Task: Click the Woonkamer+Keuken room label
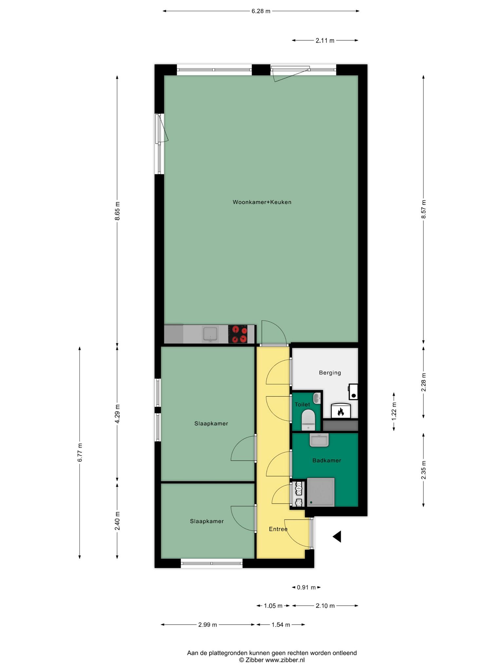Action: pos(262,202)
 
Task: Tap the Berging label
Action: pos(330,373)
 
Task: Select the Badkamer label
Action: pos(327,460)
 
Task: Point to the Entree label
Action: pos(278,529)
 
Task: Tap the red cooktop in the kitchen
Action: pos(238,334)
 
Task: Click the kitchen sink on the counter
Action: pos(210,334)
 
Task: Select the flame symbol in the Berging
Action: pos(341,412)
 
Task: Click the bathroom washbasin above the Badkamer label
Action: pos(319,440)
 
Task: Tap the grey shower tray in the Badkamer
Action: pos(321,492)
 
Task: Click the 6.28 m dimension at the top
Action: pos(261,11)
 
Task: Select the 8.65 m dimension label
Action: pos(118,211)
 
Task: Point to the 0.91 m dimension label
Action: pos(306,587)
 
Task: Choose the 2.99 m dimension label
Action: pos(208,624)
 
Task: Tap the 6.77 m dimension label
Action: pos(80,452)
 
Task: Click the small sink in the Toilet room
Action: pos(317,398)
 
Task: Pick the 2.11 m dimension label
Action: pos(325,41)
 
